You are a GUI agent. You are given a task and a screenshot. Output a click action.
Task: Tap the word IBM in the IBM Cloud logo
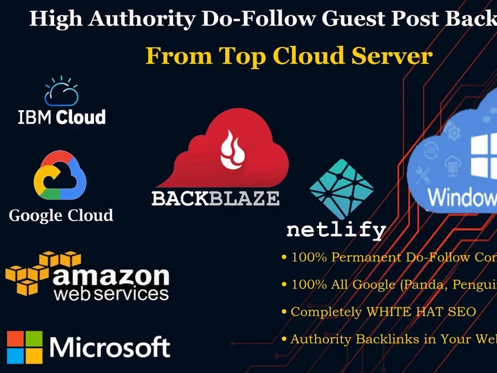35,116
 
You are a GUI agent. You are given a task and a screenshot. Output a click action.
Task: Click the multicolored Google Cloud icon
60,176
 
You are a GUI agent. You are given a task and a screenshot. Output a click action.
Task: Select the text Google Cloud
61,216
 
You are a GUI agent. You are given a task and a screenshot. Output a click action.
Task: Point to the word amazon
111,277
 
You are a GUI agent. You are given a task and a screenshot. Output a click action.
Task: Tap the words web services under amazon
111,295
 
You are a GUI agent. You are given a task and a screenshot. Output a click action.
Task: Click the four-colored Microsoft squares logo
25,347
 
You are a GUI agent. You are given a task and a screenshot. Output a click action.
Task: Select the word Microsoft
110,347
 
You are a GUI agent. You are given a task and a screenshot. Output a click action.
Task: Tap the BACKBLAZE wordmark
215,199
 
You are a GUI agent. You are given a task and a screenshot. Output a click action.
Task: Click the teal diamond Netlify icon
341,189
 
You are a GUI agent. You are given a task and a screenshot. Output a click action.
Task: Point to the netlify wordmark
336,229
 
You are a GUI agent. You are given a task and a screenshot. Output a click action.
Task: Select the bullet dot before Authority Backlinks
284,339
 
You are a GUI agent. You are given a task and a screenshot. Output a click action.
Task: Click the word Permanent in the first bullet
363,258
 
